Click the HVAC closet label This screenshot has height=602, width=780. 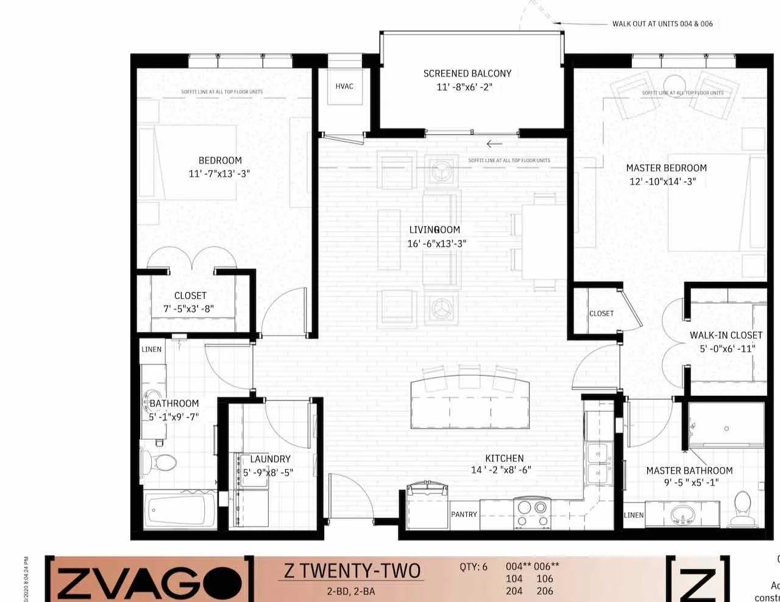click(344, 86)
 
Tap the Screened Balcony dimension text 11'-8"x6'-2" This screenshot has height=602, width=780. click(464, 87)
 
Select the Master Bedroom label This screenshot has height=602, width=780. click(666, 168)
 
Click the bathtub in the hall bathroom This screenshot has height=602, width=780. click(180, 509)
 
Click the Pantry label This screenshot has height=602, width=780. click(464, 514)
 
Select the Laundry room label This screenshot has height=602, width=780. click(270, 459)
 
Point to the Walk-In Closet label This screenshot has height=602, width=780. click(726, 335)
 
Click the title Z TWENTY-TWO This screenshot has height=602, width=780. click(352, 571)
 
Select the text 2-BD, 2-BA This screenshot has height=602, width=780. click(350, 590)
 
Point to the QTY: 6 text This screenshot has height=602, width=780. click(473, 567)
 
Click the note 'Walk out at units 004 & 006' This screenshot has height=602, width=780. click(662, 24)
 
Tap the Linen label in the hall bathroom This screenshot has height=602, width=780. click(152, 349)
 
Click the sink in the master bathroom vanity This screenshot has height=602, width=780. click(684, 516)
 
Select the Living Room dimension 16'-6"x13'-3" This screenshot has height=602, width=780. click(437, 243)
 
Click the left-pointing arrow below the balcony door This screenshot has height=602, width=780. click(494, 145)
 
